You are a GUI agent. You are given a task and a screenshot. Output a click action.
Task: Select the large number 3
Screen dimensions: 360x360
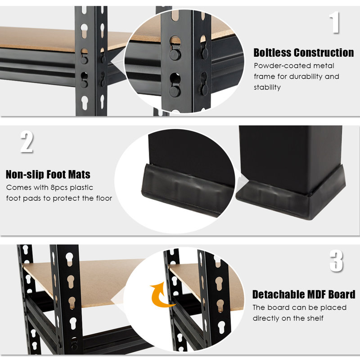tap(336, 261)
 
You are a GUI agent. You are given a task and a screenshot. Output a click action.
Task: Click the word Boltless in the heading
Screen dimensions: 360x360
tap(273, 53)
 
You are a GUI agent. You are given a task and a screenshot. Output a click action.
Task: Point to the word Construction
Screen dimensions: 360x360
tap(324, 53)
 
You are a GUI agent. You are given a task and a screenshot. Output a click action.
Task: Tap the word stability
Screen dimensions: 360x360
tap(267, 87)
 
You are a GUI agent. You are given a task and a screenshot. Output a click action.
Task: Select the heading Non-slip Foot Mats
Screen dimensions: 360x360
tap(48, 174)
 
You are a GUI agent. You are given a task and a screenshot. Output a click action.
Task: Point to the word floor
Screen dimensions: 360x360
tap(101, 198)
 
